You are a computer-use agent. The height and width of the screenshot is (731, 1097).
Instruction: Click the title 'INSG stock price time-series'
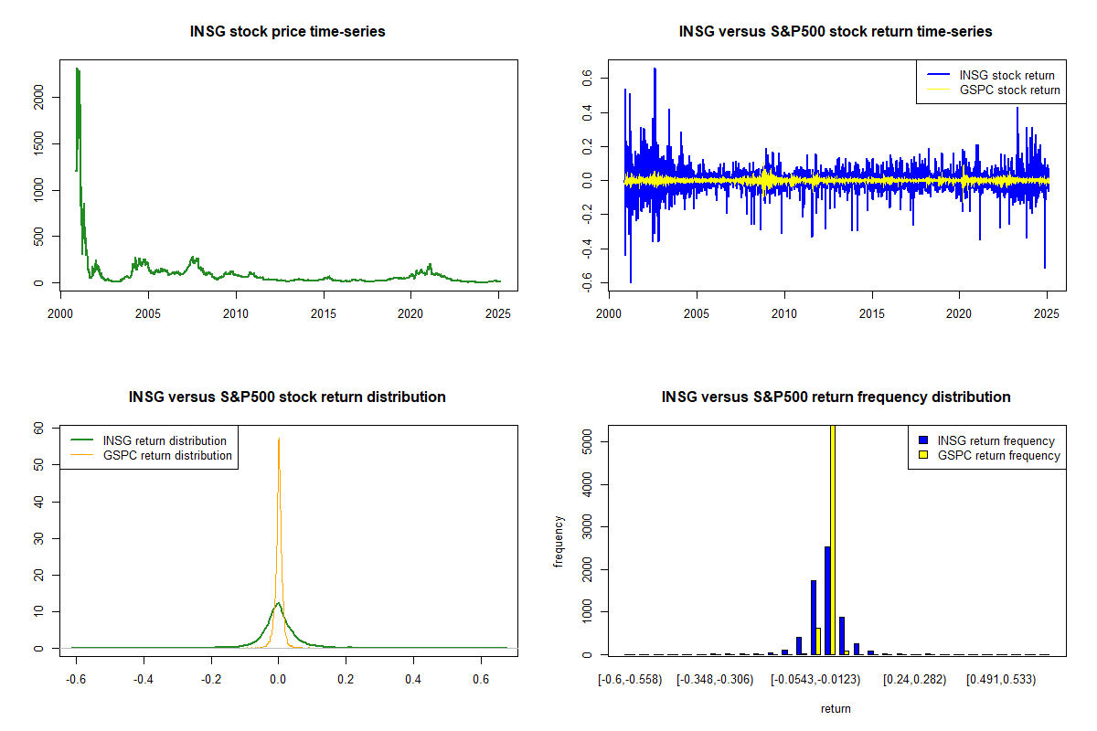(x=287, y=32)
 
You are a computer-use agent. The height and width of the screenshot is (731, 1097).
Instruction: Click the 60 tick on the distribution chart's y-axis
(x=38, y=427)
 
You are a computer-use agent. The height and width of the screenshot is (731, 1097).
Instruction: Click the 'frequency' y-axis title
(x=559, y=541)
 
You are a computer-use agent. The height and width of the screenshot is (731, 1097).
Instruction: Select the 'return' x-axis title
(x=836, y=708)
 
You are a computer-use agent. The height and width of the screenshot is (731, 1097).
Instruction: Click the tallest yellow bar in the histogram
(x=832, y=539)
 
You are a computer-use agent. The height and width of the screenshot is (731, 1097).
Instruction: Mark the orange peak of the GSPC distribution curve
(x=279, y=440)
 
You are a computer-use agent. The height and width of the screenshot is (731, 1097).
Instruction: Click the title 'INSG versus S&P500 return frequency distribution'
(x=836, y=397)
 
